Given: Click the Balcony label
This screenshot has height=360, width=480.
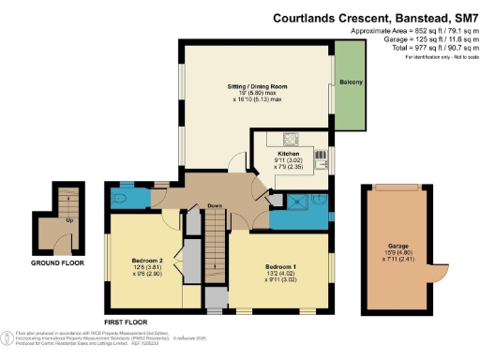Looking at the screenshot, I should (x=352, y=82).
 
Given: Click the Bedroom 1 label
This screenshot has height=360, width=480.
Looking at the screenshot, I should (x=279, y=268).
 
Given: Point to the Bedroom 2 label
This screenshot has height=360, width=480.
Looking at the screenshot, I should (x=148, y=260).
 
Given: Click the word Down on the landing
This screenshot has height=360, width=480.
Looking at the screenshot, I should (x=215, y=206).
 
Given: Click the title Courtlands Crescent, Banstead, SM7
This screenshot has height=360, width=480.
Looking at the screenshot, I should (x=374, y=17).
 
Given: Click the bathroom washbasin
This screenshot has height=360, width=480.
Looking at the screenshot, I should (x=318, y=199).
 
